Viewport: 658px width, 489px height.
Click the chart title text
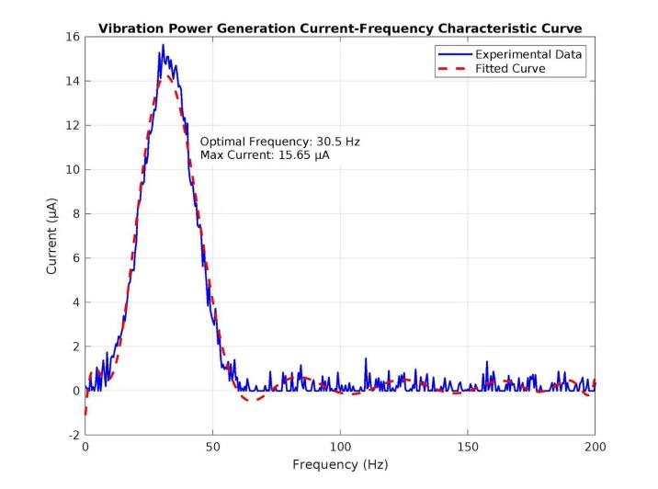pyautogui.click(x=340, y=28)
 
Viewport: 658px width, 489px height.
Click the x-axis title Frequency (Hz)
pyautogui.click(x=340, y=464)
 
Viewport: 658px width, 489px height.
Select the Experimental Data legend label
pyautogui.click(x=528, y=54)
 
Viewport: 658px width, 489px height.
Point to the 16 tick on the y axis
pyautogui.click(x=74, y=37)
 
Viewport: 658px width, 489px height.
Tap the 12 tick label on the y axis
pyautogui.click(x=74, y=125)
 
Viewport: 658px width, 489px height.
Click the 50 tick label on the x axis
pyautogui.click(x=213, y=447)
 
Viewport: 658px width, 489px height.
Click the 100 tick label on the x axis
pyautogui.click(x=340, y=447)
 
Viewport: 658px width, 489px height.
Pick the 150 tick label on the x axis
pyautogui.click(x=468, y=447)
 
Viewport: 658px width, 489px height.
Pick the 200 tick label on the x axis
pyautogui.click(x=595, y=447)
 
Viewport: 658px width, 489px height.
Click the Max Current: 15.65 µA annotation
pyautogui.click(x=265, y=156)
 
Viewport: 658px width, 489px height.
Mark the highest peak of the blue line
pyautogui.click(x=163, y=45)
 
